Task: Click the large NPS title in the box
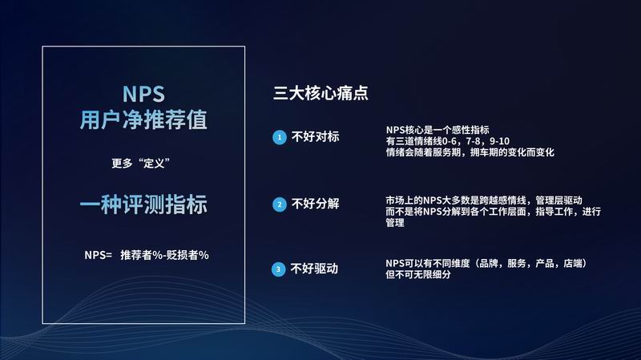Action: point(143,94)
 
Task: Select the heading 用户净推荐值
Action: point(143,119)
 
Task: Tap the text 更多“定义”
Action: point(141,164)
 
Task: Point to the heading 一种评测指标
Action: point(143,204)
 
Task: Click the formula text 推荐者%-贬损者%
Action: point(165,255)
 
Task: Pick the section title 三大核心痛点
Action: point(320,93)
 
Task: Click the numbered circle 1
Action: point(280,137)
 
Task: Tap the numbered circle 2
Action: point(280,204)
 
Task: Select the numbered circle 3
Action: point(278,269)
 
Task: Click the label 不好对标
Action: point(315,136)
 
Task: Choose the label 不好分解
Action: point(315,204)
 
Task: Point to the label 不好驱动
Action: point(314,269)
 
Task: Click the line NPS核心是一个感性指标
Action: point(437,130)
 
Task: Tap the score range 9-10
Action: point(499,141)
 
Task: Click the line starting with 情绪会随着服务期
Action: point(470,152)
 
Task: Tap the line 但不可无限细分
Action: point(418,274)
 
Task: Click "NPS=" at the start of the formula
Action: point(98,255)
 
